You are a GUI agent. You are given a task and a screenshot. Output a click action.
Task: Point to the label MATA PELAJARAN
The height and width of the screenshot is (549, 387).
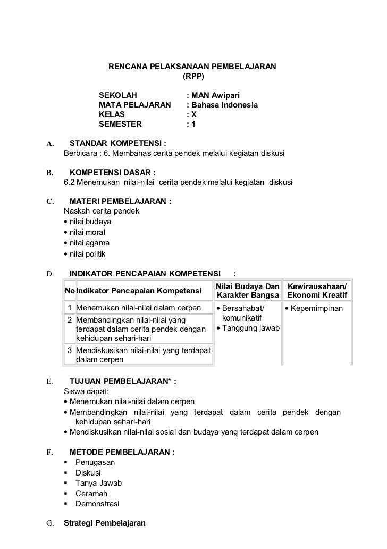click(x=131, y=105)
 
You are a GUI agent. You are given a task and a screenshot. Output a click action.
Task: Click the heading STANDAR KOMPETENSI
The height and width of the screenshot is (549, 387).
click(x=117, y=143)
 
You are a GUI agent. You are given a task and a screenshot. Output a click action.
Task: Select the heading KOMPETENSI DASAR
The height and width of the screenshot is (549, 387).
click(x=112, y=173)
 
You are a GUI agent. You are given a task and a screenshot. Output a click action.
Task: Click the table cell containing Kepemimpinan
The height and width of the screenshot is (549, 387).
click(x=317, y=309)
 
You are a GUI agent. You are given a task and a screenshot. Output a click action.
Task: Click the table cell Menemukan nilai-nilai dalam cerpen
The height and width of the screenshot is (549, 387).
click(x=139, y=308)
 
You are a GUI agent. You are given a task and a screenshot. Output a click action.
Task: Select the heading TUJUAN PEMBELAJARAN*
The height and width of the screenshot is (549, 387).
click(x=122, y=381)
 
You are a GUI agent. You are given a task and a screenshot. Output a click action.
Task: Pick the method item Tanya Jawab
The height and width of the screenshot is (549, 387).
click(x=98, y=483)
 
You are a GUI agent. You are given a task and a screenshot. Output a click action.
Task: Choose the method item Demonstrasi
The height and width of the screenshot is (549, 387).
click(x=97, y=503)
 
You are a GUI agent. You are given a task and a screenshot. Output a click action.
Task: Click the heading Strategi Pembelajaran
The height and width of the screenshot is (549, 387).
click(x=105, y=522)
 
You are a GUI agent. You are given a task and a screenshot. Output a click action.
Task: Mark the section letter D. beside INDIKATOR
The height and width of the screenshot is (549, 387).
click(x=49, y=274)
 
